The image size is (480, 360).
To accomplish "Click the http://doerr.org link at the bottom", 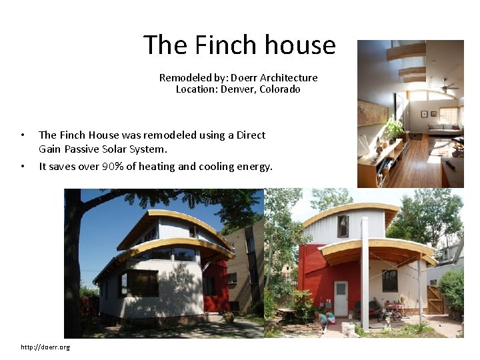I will point(45,347).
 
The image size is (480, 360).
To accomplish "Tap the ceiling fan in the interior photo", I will point(446,87).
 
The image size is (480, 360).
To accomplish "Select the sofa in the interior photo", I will point(445,128).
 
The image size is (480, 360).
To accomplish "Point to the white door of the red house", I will point(341,298).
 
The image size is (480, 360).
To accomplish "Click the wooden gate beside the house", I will point(435,299).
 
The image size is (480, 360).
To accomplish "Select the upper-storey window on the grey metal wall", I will point(343,226).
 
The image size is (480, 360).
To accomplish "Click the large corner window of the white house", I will point(142,283).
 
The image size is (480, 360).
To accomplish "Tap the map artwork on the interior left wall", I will point(371,113).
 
